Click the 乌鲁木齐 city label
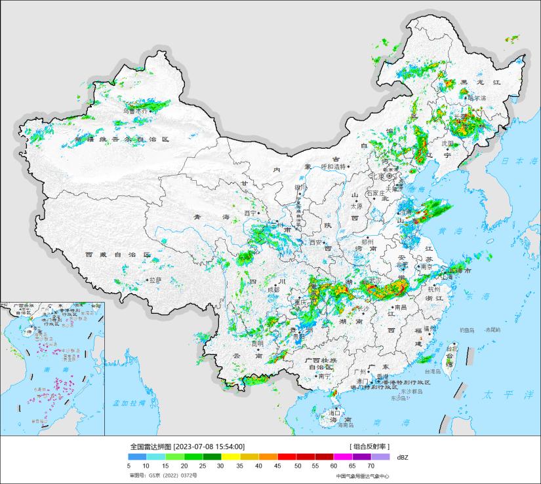point(136,112)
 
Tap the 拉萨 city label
point(154,280)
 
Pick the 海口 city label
point(334,414)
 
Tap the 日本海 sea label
point(511,160)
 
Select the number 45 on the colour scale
point(278,465)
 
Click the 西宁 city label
point(250,213)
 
